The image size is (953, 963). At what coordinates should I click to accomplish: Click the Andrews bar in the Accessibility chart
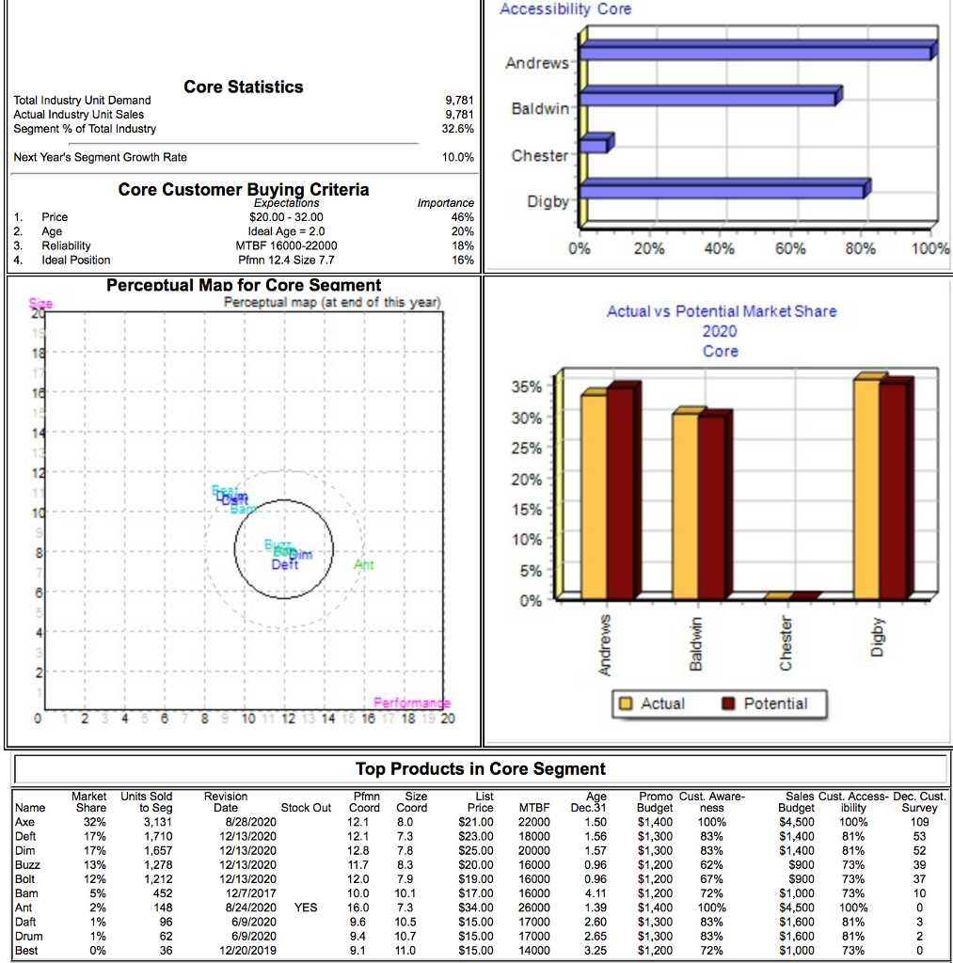[757, 52]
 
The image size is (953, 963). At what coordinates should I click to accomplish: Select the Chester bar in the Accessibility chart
[595, 145]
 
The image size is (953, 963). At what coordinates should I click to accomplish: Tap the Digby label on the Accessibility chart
[546, 201]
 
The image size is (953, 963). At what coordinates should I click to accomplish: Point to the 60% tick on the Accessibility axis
[789, 249]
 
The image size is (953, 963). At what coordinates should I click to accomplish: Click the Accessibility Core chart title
[564, 9]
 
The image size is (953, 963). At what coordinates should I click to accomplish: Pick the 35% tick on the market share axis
[525, 387]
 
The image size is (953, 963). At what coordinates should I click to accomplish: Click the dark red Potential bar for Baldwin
[710, 508]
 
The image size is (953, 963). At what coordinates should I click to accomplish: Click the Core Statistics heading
[244, 87]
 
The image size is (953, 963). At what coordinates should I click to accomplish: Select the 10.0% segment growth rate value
[458, 157]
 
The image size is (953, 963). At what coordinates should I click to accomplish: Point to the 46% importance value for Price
[463, 216]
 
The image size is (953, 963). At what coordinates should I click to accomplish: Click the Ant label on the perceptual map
[363, 565]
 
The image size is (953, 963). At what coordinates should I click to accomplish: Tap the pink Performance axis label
[412, 703]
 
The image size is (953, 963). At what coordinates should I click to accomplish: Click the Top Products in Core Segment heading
[480, 769]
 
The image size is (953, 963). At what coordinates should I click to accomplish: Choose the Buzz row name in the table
[26, 864]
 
